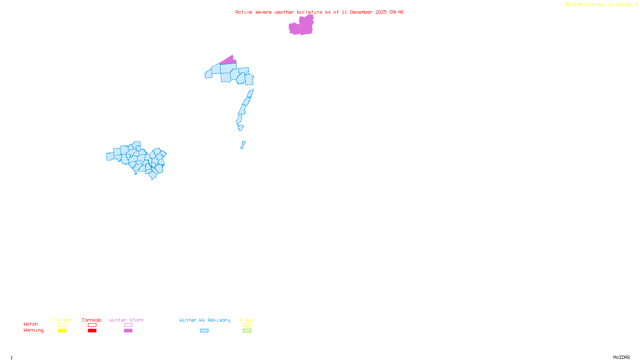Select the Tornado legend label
(x=92, y=320)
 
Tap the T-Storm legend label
(x=62, y=320)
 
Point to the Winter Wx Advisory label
(x=205, y=320)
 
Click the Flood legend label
(x=247, y=320)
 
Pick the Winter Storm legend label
(x=126, y=320)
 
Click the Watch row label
(x=31, y=324)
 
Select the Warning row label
(x=34, y=330)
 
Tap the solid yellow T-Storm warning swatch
(x=62, y=331)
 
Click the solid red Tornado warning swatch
(x=92, y=331)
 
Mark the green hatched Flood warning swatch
(x=247, y=331)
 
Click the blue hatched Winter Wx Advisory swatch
(x=204, y=331)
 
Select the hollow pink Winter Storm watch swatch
(x=128, y=325)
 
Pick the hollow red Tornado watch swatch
(x=92, y=325)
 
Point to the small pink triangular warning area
(x=229, y=61)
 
